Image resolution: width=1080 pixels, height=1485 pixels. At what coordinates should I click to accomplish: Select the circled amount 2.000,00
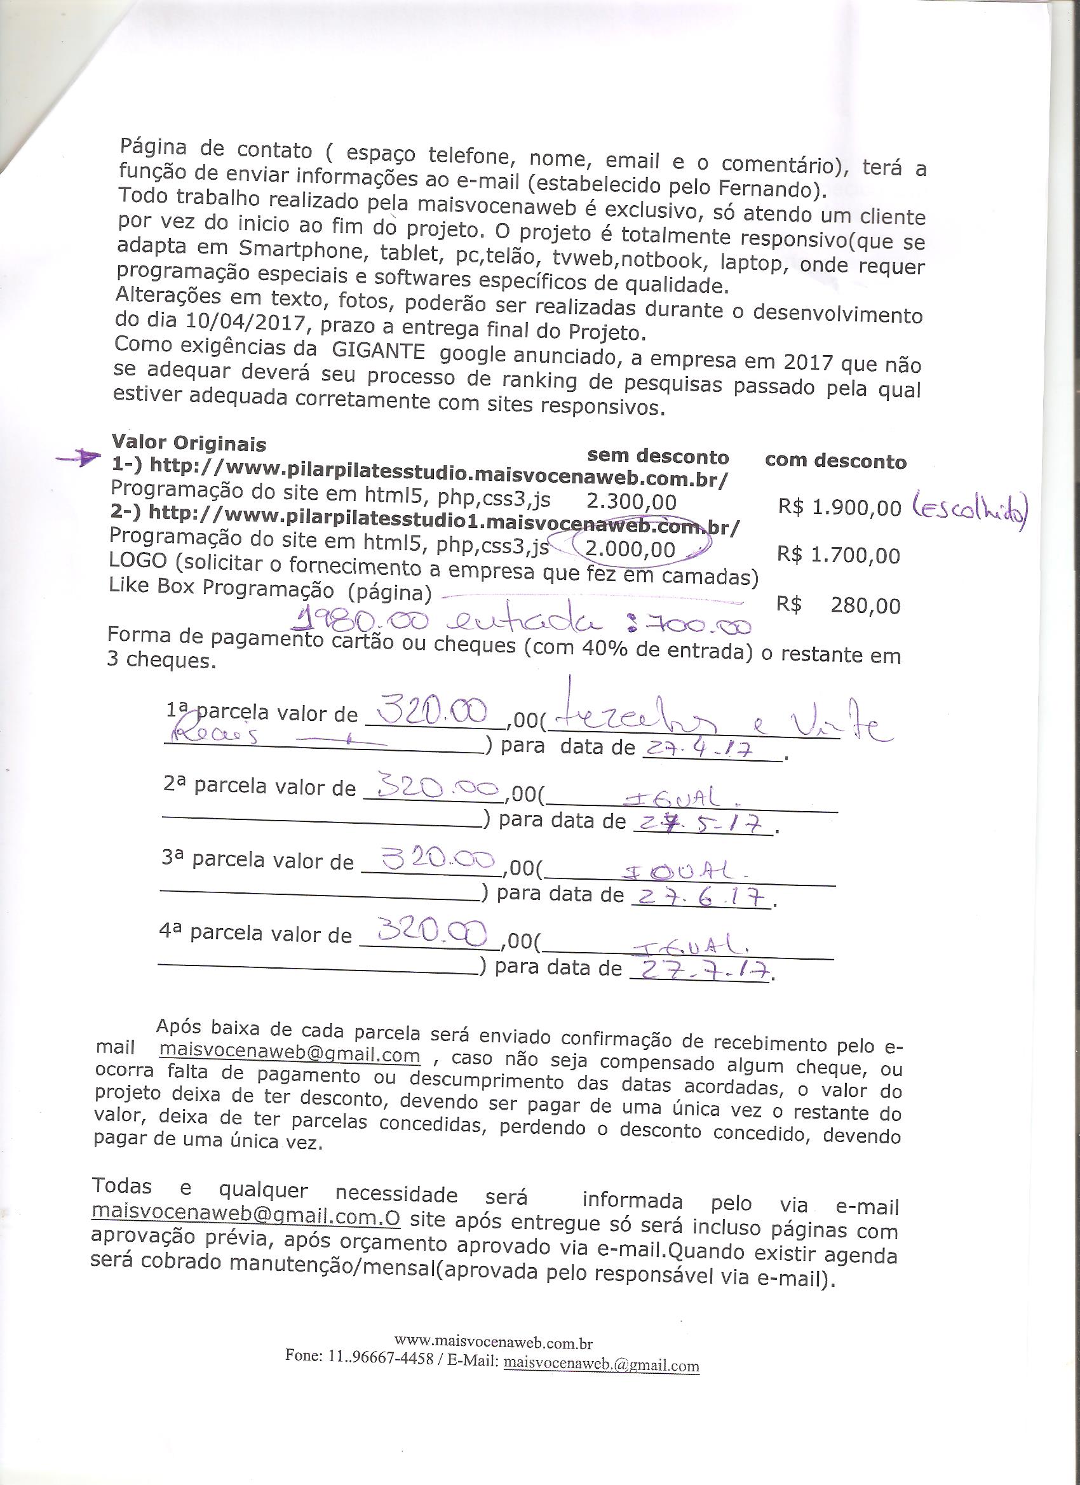[630, 549]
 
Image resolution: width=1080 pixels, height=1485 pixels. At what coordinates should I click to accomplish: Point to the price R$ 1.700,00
[838, 555]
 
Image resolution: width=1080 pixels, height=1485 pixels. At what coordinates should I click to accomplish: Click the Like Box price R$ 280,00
[838, 605]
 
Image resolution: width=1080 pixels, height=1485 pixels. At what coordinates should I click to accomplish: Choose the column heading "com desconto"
[835, 461]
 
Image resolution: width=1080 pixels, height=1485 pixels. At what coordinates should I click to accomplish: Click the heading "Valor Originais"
[189, 443]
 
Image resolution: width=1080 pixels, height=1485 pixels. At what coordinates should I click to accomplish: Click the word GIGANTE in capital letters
[378, 349]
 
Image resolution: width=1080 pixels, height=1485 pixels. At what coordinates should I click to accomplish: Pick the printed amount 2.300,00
[631, 502]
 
